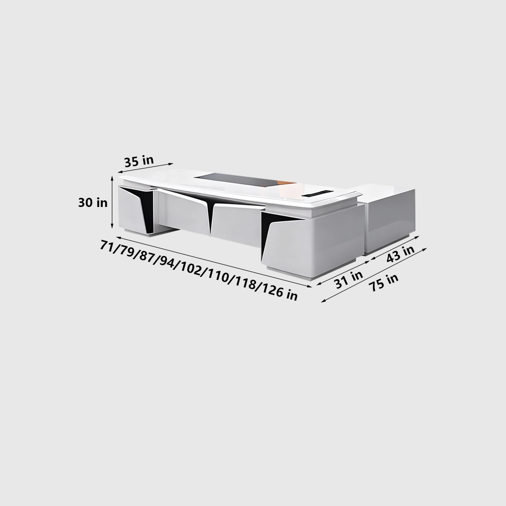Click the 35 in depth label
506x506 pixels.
click(x=139, y=161)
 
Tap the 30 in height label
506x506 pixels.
click(x=93, y=202)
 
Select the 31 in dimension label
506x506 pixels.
click(x=348, y=279)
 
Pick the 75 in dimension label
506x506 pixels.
click(x=383, y=282)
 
